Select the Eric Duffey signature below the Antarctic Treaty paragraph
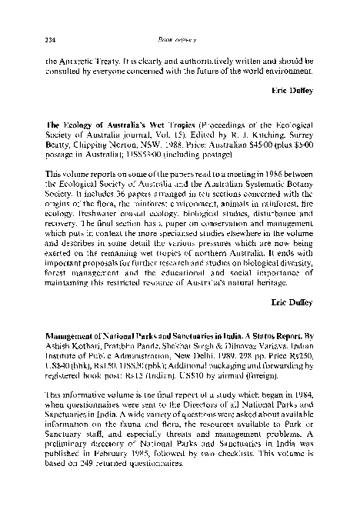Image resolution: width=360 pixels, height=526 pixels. click(x=293, y=90)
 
